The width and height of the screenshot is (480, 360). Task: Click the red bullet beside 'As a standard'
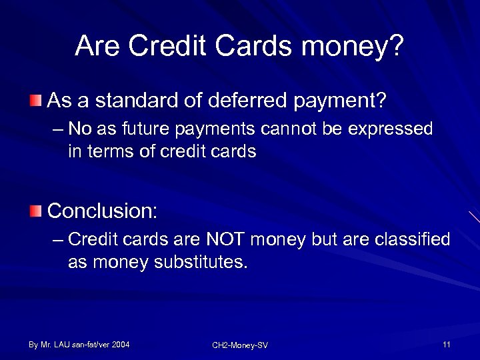(35, 101)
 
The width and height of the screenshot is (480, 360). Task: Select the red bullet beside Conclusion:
(35, 211)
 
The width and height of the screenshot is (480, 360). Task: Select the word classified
(409, 239)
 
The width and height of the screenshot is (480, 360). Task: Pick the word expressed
(395, 129)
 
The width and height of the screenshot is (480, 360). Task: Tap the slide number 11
(446, 344)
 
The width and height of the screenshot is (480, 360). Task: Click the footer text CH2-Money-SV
(240, 345)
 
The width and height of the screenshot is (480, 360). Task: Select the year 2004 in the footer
(121, 344)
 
